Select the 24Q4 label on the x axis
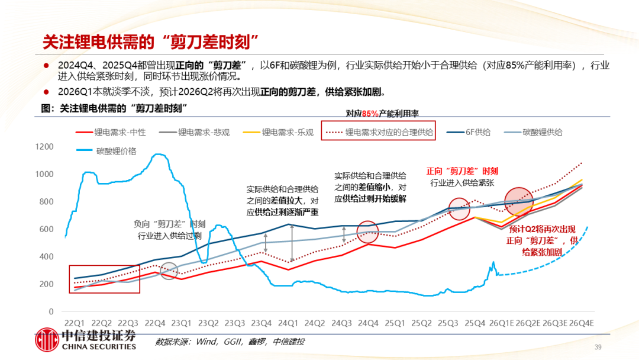coord(368,323)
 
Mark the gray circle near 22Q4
coord(169,271)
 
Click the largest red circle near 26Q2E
coord(519,202)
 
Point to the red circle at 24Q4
coord(368,232)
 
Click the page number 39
coord(598,347)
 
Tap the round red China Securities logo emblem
coord(47,340)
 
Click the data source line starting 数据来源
coord(230,342)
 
